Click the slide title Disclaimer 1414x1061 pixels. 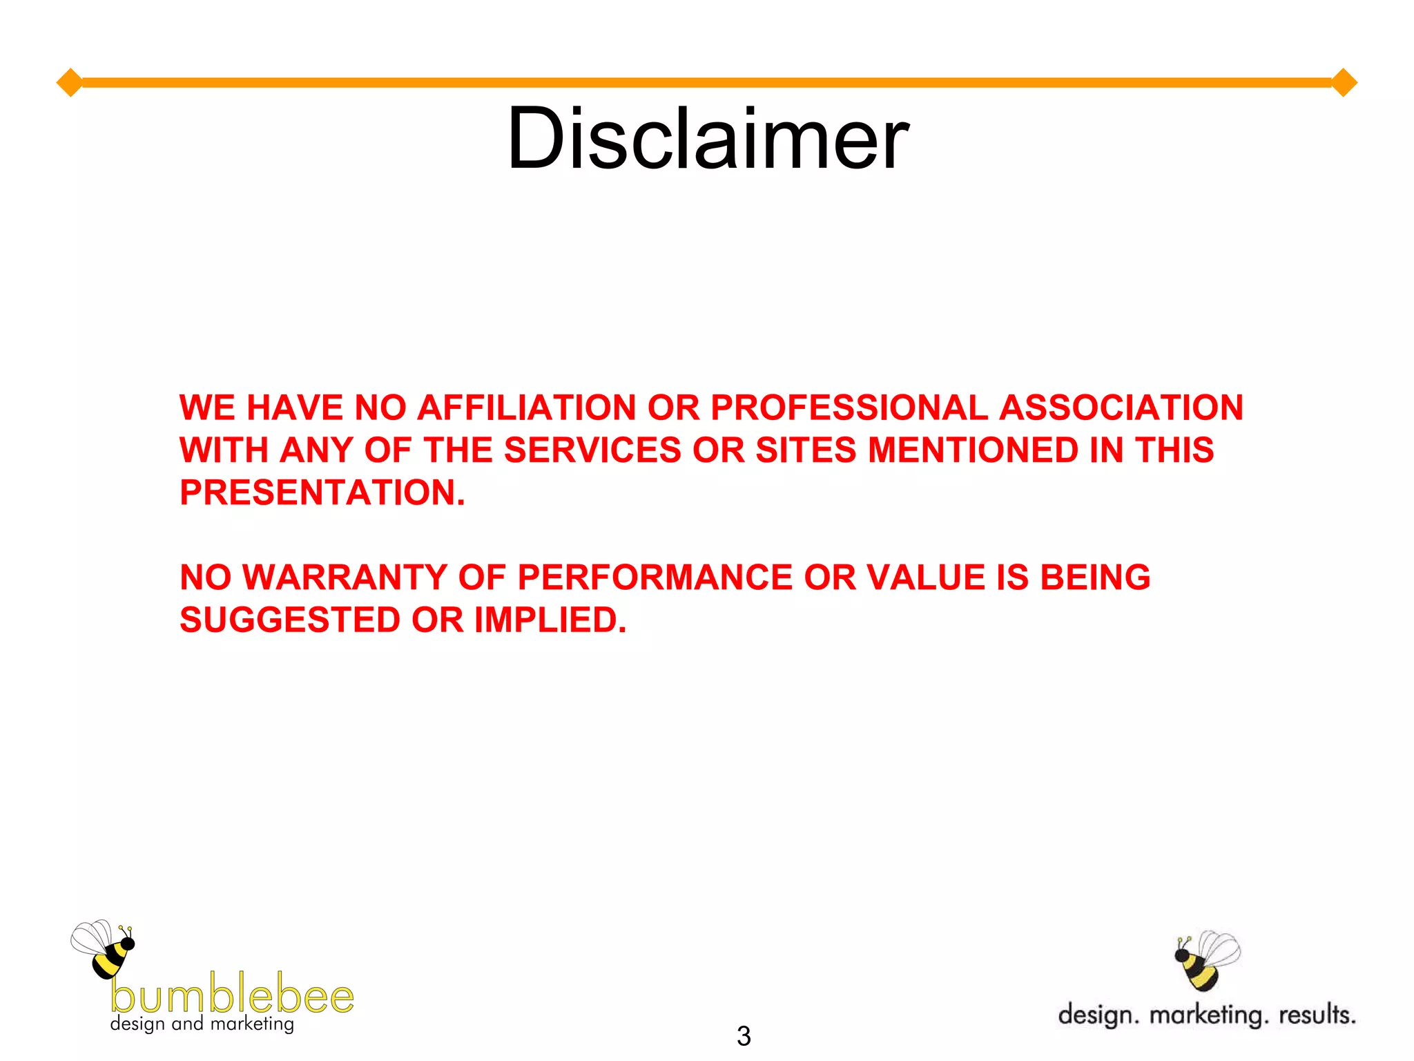[x=707, y=138]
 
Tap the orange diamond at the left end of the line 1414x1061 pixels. [x=69, y=83]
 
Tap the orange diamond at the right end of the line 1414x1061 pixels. [x=1344, y=83]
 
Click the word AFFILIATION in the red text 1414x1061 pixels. [x=526, y=408]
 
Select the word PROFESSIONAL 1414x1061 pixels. [x=849, y=408]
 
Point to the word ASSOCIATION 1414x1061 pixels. [x=1121, y=408]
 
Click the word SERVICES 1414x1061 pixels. [x=592, y=450]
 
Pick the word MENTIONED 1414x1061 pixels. [x=973, y=450]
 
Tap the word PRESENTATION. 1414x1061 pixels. [x=322, y=493]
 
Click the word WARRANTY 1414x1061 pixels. [x=345, y=577]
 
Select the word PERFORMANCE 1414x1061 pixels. [x=655, y=577]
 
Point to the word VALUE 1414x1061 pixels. [x=925, y=577]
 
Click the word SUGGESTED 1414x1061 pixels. [x=290, y=620]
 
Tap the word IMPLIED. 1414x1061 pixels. [x=550, y=620]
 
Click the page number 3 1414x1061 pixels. [x=744, y=1036]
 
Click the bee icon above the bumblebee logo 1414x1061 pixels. [x=104, y=948]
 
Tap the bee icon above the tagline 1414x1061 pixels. [x=1205, y=960]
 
